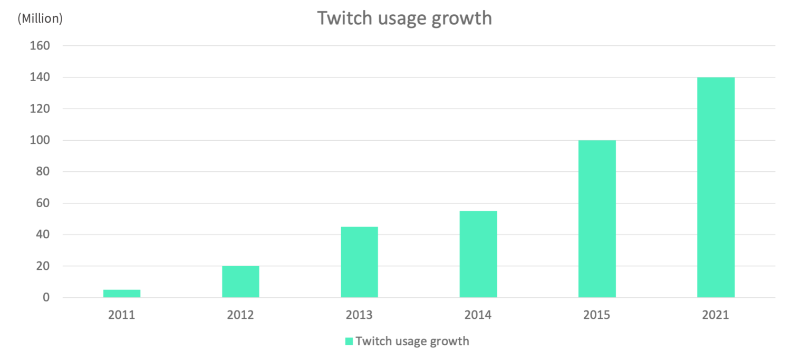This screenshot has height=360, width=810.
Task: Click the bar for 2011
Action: pyautogui.click(x=122, y=294)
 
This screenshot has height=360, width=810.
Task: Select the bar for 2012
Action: pyautogui.click(x=240, y=282)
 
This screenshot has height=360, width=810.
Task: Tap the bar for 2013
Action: pyautogui.click(x=359, y=262)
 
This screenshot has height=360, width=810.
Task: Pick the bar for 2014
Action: pyautogui.click(x=478, y=255)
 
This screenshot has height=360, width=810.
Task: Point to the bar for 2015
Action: pyautogui.click(x=597, y=219)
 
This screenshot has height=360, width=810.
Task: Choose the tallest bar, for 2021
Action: pyautogui.click(x=716, y=188)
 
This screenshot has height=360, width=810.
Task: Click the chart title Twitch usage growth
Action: pyautogui.click(x=404, y=18)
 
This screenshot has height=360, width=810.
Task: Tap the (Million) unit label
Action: pyautogui.click(x=40, y=19)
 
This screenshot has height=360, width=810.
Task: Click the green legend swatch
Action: pyautogui.click(x=349, y=342)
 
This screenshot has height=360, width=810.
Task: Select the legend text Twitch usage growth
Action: pyautogui.click(x=412, y=341)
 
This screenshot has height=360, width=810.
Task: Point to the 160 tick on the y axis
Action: pyautogui.click(x=41, y=46)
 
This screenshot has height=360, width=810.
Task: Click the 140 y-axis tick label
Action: pyautogui.click(x=41, y=77)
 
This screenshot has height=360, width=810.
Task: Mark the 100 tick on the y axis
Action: pyautogui.click(x=41, y=140)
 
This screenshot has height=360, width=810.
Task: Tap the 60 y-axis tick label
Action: pyautogui.click(x=43, y=203)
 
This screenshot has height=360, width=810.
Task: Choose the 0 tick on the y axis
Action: pyautogui.click(x=46, y=298)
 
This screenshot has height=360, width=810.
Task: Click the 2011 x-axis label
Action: pyautogui.click(x=122, y=315)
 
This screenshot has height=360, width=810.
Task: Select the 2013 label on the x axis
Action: pyautogui.click(x=359, y=315)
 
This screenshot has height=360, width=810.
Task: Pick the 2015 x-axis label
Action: pyautogui.click(x=597, y=315)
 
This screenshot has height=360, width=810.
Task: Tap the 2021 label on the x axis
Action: pyautogui.click(x=716, y=315)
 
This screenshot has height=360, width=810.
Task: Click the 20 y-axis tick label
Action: pyautogui.click(x=43, y=266)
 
